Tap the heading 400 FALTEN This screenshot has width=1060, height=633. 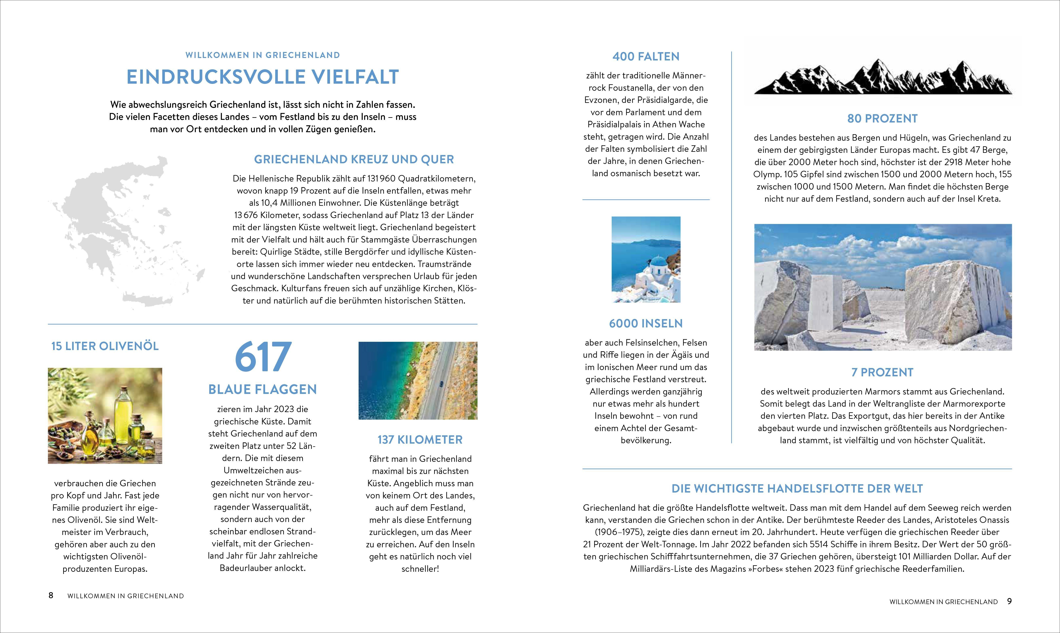(x=646, y=56)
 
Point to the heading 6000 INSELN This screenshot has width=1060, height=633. (x=646, y=323)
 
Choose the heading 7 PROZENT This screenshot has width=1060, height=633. (x=882, y=372)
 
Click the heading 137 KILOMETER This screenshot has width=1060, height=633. (x=420, y=440)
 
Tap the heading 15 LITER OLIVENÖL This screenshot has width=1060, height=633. (x=105, y=346)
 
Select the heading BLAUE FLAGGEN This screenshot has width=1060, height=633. (x=263, y=389)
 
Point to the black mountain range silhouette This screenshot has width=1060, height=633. (x=882, y=79)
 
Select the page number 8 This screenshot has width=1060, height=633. (x=51, y=595)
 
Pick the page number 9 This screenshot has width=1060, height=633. (x=1009, y=601)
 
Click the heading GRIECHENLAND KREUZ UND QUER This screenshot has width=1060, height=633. (x=354, y=159)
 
